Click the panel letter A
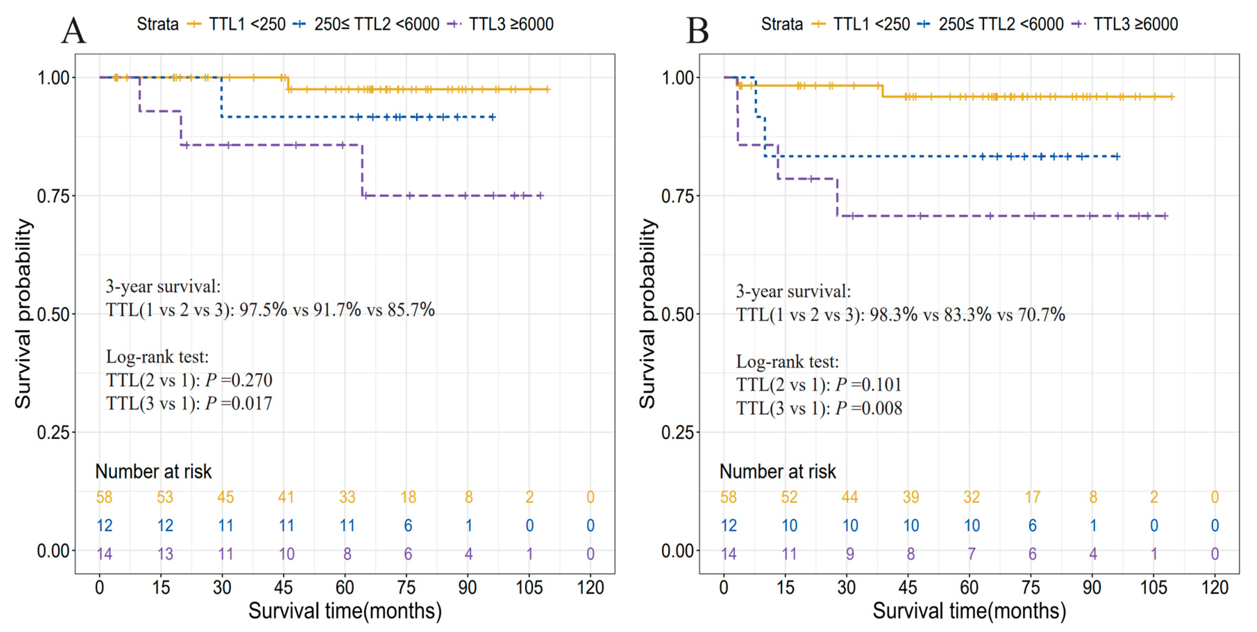pos(74,30)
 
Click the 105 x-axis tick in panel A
pos(529,587)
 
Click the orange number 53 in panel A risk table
pos(165,497)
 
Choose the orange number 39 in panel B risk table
pos(911,497)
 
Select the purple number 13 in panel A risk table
pos(165,554)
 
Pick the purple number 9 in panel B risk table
pos(850,554)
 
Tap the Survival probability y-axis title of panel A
pos(23,314)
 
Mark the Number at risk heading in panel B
pos(778,471)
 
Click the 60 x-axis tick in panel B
pos(969,587)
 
